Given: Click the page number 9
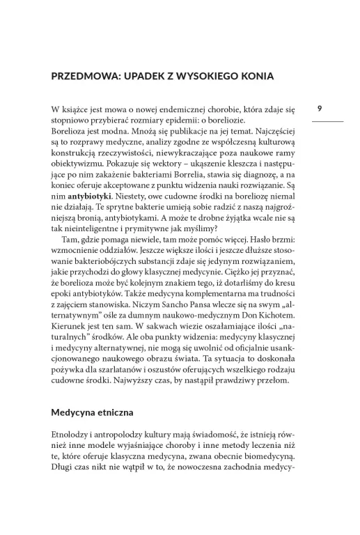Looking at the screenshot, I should click(319, 109).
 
